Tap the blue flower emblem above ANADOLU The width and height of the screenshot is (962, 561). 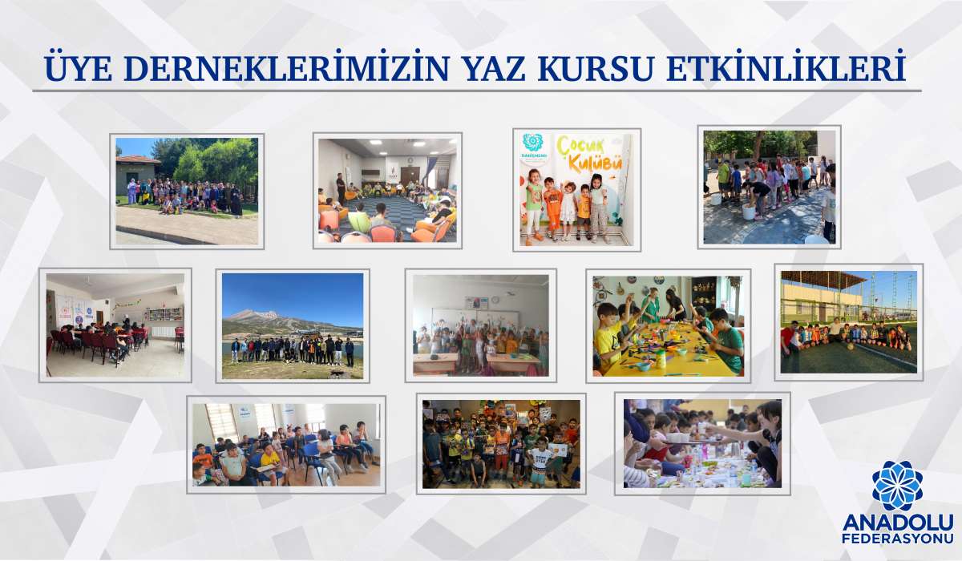click(x=897, y=486)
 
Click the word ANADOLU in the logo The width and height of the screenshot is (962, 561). click(x=897, y=521)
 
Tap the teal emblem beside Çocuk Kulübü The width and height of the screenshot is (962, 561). click(x=532, y=143)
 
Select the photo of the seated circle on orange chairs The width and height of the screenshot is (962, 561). click(x=387, y=191)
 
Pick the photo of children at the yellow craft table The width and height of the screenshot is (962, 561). click(x=668, y=325)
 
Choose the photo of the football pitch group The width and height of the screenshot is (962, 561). click(x=848, y=321)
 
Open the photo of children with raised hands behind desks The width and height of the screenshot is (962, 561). click(x=480, y=325)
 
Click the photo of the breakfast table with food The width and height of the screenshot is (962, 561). click(x=702, y=443)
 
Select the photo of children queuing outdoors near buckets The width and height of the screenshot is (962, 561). click(x=769, y=187)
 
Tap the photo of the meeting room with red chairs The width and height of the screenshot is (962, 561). click(x=115, y=325)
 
